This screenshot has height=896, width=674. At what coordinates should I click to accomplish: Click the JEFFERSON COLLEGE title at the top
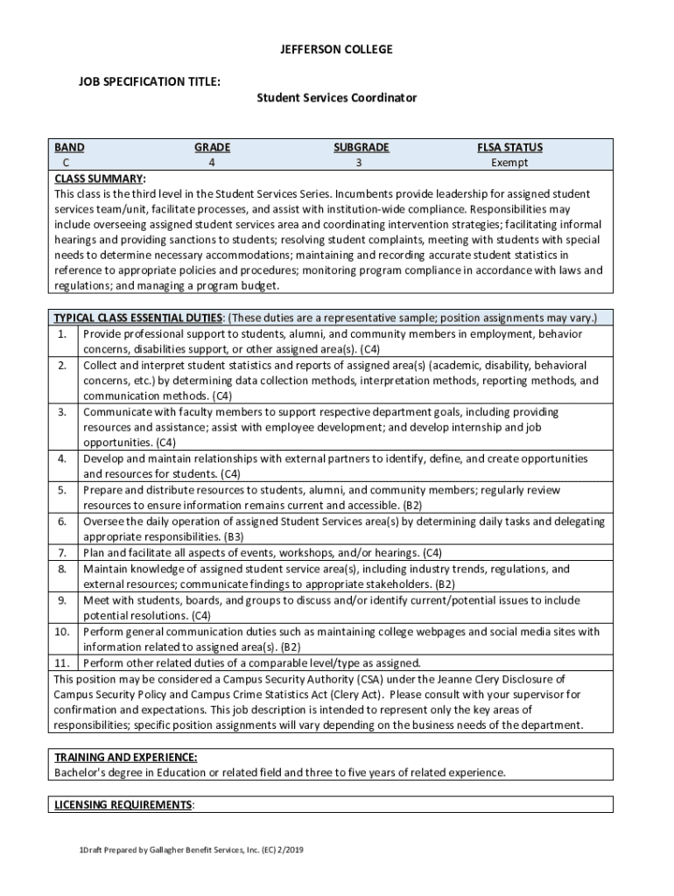pos(337,50)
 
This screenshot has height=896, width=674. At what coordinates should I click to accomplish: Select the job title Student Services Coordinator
pos(336,98)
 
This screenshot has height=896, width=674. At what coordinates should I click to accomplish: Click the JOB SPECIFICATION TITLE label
pos(149,81)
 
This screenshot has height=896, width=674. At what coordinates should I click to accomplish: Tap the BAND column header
pos(69,148)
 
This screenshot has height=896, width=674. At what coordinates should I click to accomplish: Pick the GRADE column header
pos(212,148)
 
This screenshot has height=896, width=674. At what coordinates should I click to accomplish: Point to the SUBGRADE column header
pos(361,148)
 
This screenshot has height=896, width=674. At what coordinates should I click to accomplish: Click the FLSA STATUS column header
pos(509,148)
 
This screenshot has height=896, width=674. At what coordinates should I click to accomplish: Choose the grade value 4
pos(212,163)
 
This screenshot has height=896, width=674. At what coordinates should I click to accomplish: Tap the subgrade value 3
pos(360,163)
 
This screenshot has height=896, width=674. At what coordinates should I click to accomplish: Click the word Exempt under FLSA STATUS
pos(509,163)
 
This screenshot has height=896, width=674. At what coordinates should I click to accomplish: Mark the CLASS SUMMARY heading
pos(100,178)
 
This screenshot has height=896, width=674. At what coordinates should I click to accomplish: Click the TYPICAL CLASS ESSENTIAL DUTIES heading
pos(138,318)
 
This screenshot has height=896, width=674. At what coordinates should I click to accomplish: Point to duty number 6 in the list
pos(62,521)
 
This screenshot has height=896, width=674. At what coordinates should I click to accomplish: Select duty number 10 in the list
pos(62,631)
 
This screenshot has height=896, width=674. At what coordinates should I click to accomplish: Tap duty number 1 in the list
pos(62,333)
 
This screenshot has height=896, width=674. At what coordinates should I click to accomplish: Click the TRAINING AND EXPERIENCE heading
pos(125,757)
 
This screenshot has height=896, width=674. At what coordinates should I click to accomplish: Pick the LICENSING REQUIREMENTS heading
pos(123,804)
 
